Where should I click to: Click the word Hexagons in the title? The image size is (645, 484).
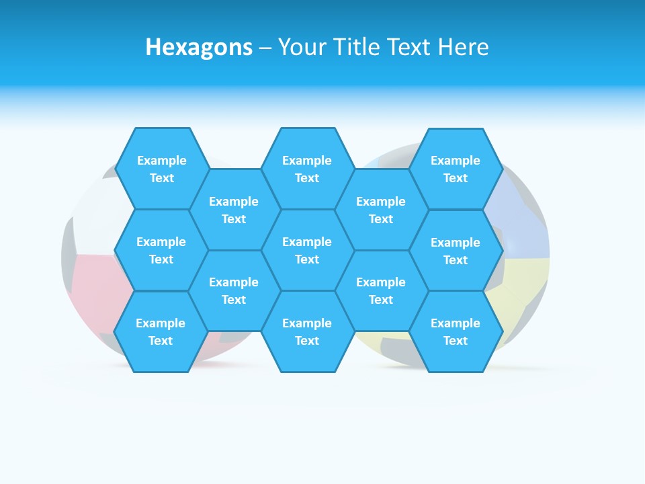pyautogui.click(x=199, y=47)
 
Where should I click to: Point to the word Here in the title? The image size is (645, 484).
pyautogui.click(x=463, y=47)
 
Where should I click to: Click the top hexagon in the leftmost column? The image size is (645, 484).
pyautogui.click(x=161, y=169)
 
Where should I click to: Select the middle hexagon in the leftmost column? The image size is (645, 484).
pyautogui.click(x=161, y=250)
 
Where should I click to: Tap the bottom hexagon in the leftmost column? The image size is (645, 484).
pyautogui.click(x=161, y=331)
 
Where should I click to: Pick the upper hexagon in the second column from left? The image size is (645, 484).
pyautogui.click(x=234, y=210)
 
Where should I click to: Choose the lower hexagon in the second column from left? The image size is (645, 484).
pyautogui.click(x=234, y=290)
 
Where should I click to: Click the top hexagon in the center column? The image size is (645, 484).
pyautogui.click(x=307, y=169)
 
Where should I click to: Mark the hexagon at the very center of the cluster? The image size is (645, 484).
pyautogui.click(x=307, y=250)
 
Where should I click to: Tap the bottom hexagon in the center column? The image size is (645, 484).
pyautogui.click(x=307, y=331)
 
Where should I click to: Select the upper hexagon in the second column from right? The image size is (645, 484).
pyautogui.click(x=381, y=210)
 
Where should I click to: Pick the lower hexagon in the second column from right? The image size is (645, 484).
pyautogui.click(x=381, y=290)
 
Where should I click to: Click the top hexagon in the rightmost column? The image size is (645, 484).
pyautogui.click(x=456, y=169)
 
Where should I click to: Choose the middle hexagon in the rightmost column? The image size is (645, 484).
pyautogui.click(x=456, y=251)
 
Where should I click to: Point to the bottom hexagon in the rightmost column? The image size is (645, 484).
pyautogui.click(x=456, y=331)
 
